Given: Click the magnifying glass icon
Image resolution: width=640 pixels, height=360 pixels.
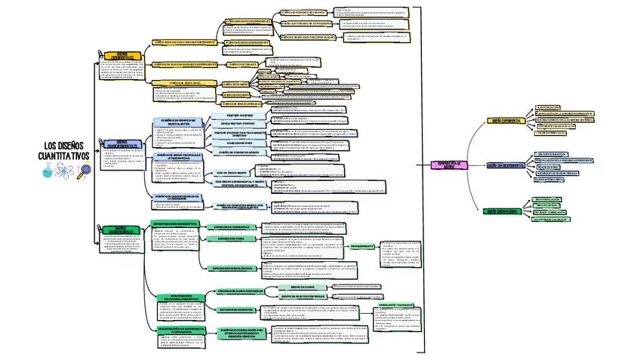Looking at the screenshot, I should point(84,170).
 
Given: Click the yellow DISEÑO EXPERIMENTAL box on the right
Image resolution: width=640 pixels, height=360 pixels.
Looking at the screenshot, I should point(507,121).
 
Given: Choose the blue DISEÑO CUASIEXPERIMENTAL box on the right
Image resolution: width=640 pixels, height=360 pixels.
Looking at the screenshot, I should point(506,165).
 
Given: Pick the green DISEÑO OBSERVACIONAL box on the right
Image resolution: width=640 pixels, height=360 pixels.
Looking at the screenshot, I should point(502,212).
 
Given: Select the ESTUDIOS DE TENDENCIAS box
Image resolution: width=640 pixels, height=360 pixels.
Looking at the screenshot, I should point(232,226).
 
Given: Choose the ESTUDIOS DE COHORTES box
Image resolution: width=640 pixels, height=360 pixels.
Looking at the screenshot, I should point(235,309).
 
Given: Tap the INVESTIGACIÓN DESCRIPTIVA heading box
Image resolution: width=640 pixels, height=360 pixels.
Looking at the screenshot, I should point(176,223).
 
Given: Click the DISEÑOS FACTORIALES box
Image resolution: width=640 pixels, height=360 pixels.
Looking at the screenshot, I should point(243,64).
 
